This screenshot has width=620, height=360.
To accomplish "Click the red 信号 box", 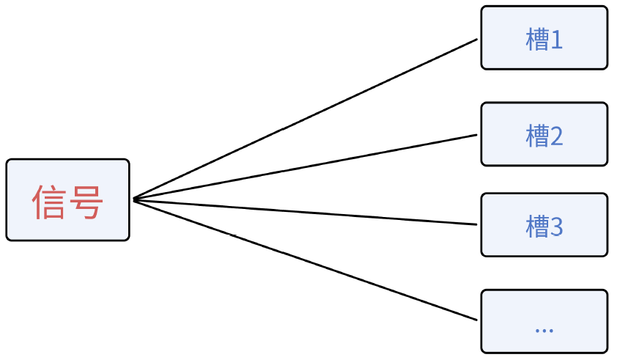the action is (x=67, y=199).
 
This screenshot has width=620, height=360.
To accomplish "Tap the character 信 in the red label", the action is (x=49, y=202).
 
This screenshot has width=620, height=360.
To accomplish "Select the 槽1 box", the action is (x=544, y=38).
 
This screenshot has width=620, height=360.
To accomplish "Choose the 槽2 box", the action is (x=544, y=134).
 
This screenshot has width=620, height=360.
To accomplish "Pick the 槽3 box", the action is (x=544, y=225).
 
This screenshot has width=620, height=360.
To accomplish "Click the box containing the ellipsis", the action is (x=544, y=321).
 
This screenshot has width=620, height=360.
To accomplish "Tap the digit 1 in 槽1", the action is (x=556, y=40).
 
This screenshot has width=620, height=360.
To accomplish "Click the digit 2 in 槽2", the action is (x=556, y=136).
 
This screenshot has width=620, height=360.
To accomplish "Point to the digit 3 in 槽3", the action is (x=556, y=227).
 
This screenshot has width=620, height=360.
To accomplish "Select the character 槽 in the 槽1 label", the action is (x=536, y=40).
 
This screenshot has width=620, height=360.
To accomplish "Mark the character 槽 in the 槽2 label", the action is (x=536, y=136).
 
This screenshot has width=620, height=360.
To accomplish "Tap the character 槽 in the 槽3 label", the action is (x=536, y=227).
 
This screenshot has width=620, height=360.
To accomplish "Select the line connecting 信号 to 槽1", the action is (x=306, y=119).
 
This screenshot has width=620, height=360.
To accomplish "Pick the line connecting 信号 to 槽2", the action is (x=306, y=166).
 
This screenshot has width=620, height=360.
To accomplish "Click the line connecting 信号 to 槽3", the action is (x=306, y=211).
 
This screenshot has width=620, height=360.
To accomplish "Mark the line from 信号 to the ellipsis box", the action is (x=306, y=259).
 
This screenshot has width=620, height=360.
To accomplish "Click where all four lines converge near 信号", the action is (x=135, y=199).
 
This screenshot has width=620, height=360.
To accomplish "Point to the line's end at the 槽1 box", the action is (x=476, y=40).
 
